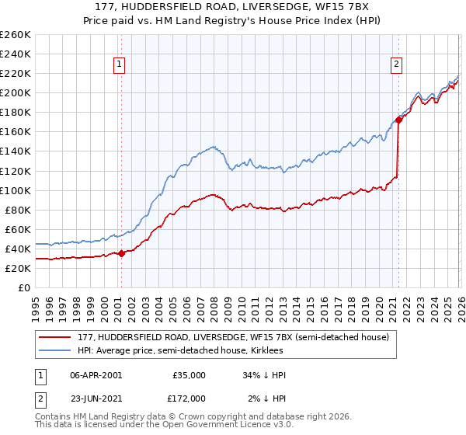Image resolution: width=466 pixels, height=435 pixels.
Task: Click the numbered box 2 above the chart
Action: tap(397, 65)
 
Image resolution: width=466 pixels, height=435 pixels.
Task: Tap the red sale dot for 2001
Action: tap(121, 253)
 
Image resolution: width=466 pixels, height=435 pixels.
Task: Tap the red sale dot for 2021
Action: tap(398, 120)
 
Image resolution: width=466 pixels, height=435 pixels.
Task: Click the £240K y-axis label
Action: tap(16, 54)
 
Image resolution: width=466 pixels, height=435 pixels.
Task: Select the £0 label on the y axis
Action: tap(25, 287)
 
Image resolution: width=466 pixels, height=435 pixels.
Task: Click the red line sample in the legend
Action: tap(55, 336)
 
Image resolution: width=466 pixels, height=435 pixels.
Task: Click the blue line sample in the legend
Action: tap(55, 350)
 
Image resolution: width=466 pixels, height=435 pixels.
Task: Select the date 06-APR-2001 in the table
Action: tap(96, 375)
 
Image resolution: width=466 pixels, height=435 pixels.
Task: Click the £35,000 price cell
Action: tap(189, 375)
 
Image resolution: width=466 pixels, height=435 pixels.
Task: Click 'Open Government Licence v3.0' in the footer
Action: tap(207, 427)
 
